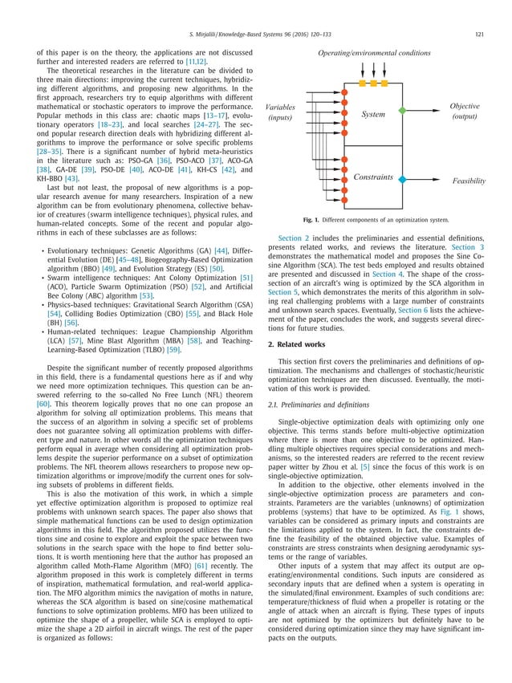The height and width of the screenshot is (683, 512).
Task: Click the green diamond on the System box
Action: (403, 111)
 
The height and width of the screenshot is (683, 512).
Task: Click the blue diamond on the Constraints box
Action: (403, 179)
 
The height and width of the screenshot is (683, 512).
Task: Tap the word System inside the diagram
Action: (373, 115)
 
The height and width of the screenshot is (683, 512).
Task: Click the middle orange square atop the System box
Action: (373, 83)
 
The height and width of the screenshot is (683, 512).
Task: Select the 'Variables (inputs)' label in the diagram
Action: (280, 112)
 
